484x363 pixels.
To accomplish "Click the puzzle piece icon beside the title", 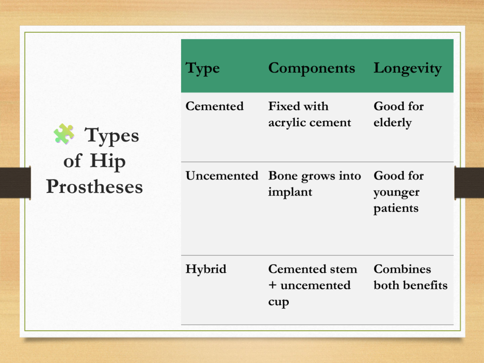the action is click(x=64, y=134).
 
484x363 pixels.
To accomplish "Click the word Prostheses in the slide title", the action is click(x=95, y=186).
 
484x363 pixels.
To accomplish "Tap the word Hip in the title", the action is click(x=108, y=162).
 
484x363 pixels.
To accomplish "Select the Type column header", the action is click(x=202, y=68).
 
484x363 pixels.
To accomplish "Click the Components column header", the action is click(x=311, y=68).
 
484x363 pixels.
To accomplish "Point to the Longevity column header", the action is click(x=407, y=69).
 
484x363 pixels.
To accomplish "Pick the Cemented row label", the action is click(x=215, y=106).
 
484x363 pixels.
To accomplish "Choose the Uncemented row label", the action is click(x=222, y=176).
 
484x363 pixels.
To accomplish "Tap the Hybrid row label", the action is click(x=206, y=269).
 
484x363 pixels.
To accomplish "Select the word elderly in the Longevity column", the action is click(x=393, y=123).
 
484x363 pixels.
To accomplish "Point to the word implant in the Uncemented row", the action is click(x=290, y=192).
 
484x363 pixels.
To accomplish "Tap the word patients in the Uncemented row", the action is click(x=396, y=208).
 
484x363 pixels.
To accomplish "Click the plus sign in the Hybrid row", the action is click(x=272, y=285).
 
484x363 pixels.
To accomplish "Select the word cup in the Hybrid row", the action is click(x=278, y=302).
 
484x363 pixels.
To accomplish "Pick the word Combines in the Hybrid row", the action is click(x=402, y=269).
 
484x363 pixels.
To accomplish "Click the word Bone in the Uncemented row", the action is click(x=283, y=176).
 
